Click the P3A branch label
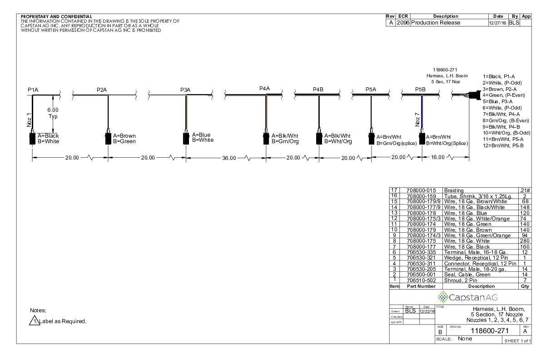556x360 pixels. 185,90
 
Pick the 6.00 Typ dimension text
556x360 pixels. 53,113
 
